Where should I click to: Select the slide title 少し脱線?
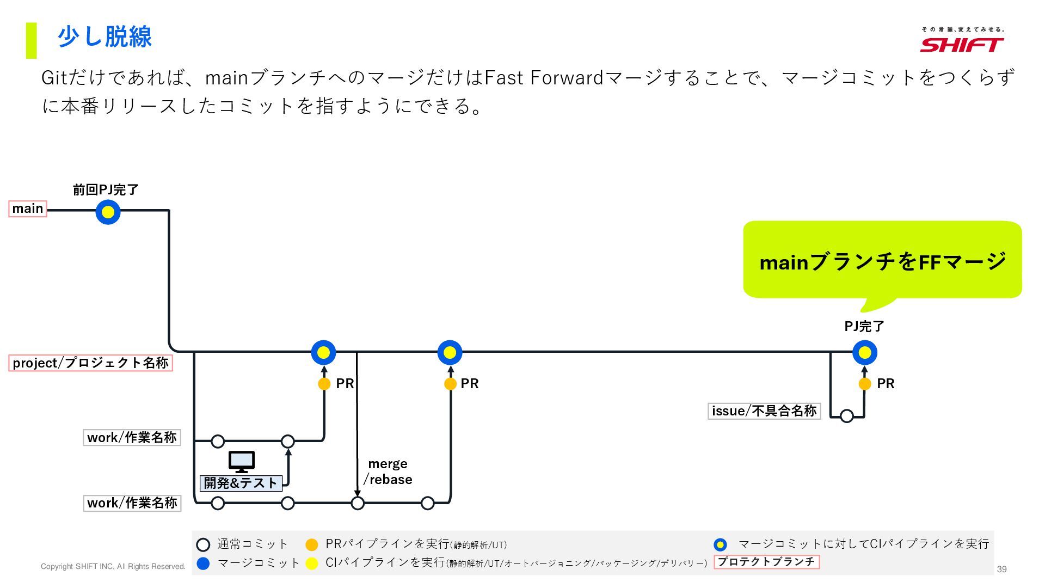104,37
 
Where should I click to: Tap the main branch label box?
28,209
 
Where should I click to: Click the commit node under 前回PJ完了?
108,212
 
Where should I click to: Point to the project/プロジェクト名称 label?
90,363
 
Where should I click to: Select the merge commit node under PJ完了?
864,353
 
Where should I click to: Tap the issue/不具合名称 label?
764,411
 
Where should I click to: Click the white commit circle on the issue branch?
846,416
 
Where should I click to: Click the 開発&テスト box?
241,483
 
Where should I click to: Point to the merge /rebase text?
388,471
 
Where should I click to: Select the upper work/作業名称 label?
132,438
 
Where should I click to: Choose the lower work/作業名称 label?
132,503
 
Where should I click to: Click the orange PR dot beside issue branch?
864,384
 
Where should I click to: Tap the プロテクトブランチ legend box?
766,562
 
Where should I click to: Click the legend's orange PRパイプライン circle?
311,544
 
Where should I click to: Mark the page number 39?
1001,569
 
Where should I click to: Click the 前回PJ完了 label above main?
106,190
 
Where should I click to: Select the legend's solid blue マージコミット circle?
203,563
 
